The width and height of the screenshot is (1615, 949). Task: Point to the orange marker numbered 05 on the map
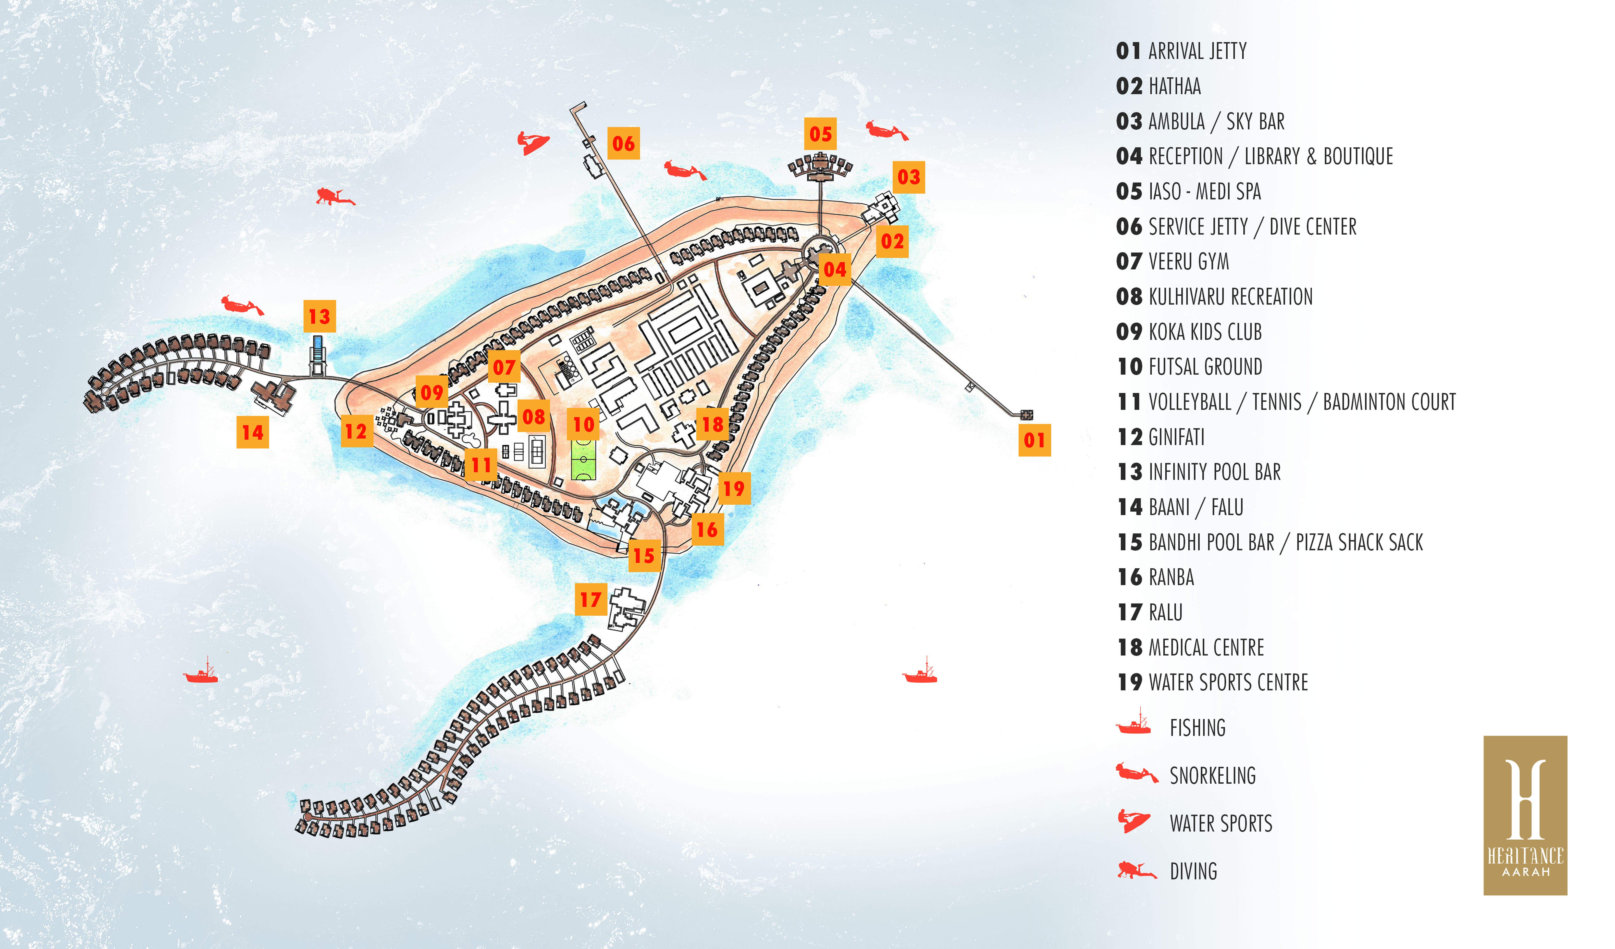tap(820, 134)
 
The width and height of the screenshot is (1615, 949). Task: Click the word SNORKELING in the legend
tap(1213, 776)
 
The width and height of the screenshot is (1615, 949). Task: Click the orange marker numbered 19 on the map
tap(734, 488)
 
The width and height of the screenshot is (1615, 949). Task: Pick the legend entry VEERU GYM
tap(1189, 261)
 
